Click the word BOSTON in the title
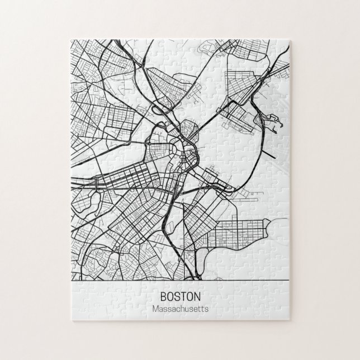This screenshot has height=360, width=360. click(179, 296)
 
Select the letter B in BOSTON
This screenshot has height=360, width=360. click(163, 296)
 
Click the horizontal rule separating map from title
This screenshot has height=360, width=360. click(179, 279)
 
